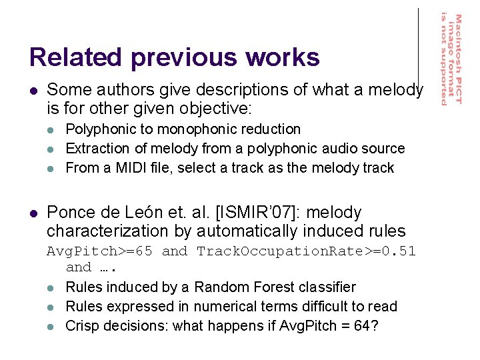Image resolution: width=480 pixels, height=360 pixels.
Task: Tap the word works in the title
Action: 283,57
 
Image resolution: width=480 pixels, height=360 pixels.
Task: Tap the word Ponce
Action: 70,213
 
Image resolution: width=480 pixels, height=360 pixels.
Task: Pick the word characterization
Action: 107,232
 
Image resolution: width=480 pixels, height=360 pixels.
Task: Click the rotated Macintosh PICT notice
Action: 450,59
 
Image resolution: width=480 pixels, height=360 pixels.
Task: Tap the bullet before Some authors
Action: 33,90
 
